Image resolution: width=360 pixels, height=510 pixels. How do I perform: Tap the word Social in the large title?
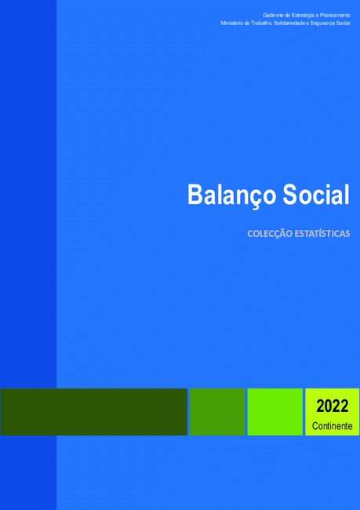tap(316, 194)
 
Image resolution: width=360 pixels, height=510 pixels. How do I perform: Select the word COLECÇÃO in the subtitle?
tap(270, 234)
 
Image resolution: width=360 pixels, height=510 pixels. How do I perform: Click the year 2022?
tap(332, 406)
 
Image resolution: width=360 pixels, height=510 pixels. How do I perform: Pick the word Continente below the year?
tap(332, 426)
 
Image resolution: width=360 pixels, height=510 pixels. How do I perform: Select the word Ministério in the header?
tap(230, 24)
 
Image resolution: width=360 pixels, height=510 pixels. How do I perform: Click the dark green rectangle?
tap(94, 412)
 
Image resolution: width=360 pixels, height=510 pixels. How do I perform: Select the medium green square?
tap(217, 412)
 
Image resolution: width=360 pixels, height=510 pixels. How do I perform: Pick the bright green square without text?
tap(275, 412)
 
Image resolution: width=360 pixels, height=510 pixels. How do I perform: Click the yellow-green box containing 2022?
tap(333, 412)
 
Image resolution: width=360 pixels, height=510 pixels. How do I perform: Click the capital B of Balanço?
tap(195, 195)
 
